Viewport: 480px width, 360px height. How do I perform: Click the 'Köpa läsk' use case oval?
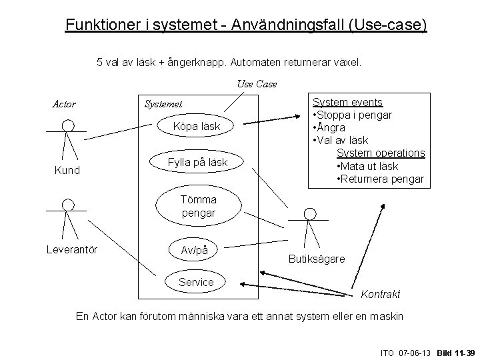[x=196, y=127]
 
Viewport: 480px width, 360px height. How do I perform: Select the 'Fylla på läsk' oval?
[x=198, y=162]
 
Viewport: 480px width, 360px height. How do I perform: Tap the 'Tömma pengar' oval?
[x=198, y=206]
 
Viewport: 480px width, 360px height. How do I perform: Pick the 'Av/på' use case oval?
[x=195, y=249]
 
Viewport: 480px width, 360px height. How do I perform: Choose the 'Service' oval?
[x=196, y=282]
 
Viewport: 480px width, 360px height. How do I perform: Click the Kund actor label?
[x=67, y=170]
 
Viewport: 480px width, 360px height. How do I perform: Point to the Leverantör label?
[x=71, y=250]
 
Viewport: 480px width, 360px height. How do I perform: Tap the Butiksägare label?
[x=317, y=258]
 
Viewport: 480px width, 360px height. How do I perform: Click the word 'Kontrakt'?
[x=380, y=294]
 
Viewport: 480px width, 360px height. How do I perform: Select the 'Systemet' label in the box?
[x=163, y=104]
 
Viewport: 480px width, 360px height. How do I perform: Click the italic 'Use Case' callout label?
[x=257, y=84]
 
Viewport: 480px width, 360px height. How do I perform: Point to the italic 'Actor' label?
[x=64, y=104]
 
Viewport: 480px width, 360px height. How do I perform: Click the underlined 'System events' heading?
[x=348, y=102]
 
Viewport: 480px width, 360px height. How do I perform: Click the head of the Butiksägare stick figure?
[x=309, y=213]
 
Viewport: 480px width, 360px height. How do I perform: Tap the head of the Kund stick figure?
[x=67, y=125]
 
